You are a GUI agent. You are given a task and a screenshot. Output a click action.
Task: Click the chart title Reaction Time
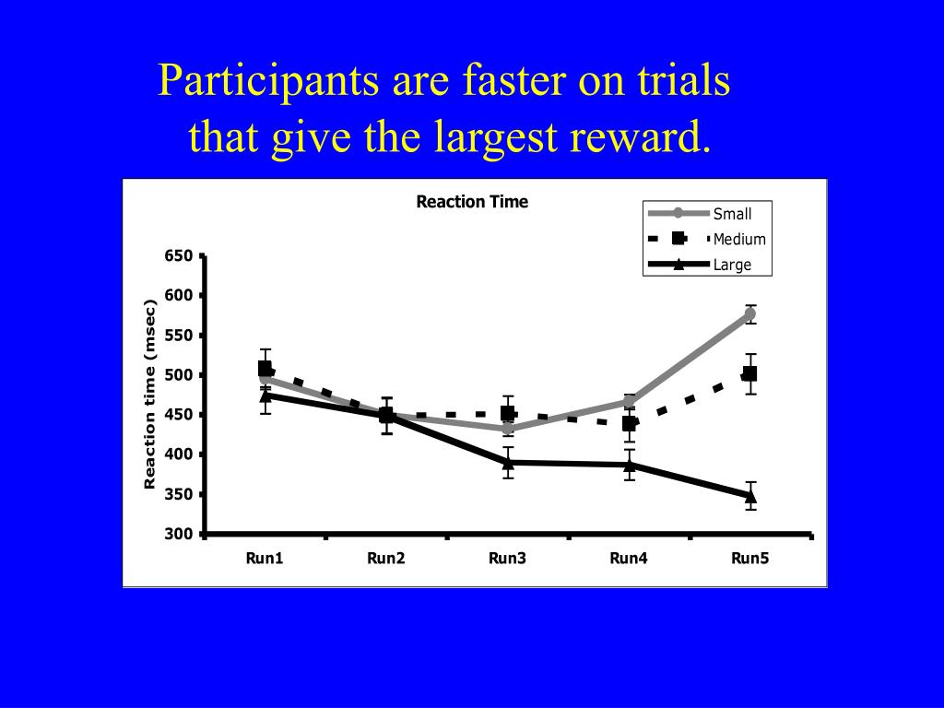tap(472, 202)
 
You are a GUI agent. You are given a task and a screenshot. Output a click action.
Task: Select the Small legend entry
tap(732, 214)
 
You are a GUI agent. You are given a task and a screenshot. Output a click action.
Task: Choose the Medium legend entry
tap(739, 240)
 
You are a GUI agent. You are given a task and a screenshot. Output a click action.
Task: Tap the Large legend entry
tap(732, 265)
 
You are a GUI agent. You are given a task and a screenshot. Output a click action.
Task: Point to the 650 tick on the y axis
tap(179, 256)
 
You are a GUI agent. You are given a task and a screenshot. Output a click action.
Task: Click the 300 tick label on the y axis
tap(179, 535)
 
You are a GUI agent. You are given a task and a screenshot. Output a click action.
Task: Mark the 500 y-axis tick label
tap(179, 375)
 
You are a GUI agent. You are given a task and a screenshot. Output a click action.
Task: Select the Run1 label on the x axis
tap(265, 558)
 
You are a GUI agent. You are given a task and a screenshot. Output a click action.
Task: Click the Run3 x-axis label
tap(507, 558)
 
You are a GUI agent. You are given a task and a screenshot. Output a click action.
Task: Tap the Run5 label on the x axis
tap(749, 558)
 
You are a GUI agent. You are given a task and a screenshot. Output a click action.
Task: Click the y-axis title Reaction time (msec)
tap(149, 395)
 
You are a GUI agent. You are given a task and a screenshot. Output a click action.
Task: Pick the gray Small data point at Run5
tap(749, 314)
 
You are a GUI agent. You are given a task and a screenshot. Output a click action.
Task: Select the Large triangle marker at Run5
tap(750, 495)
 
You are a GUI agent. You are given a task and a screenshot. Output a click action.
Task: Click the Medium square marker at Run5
tap(749, 374)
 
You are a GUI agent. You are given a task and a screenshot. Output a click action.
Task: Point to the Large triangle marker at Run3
tap(508, 462)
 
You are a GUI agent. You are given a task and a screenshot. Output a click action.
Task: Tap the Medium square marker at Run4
tap(629, 424)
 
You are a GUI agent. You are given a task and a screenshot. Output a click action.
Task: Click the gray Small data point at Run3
tap(508, 429)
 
